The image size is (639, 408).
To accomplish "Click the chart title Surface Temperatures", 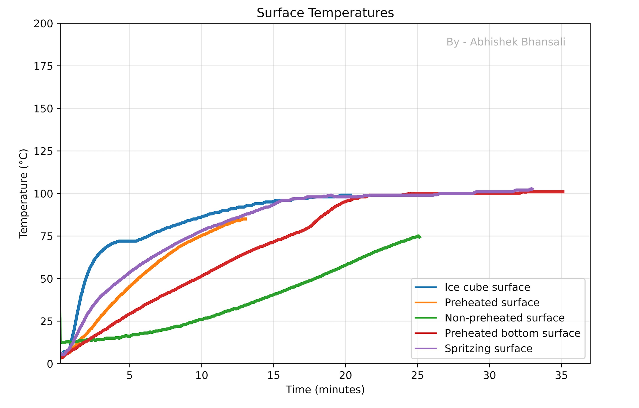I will pyautogui.click(x=325, y=13).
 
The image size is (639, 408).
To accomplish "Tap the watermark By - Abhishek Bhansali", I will pyautogui.click(x=506, y=42).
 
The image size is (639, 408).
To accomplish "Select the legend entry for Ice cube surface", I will pyautogui.click(x=487, y=287).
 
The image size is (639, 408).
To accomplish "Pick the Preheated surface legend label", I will pyautogui.click(x=492, y=302).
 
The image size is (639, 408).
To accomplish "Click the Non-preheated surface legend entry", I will pyautogui.click(x=504, y=318).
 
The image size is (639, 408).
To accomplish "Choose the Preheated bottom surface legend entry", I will pyautogui.click(x=512, y=333).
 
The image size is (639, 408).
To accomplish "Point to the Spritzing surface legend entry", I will pyautogui.click(x=488, y=348).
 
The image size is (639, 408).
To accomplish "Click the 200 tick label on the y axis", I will pyautogui.click(x=43, y=23).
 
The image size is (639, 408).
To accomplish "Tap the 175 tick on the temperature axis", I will pyautogui.click(x=43, y=66).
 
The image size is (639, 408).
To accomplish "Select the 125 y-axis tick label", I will pyautogui.click(x=43, y=151).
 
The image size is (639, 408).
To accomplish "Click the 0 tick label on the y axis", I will pyautogui.click(x=50, y=364).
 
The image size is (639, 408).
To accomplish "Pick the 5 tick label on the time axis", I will pyautogui.click(x=130, y=375).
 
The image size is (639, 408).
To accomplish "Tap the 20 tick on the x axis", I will pyautogui.click(x=345, y=375).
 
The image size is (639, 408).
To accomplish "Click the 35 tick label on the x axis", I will pyautogui.click(x=561, y=375).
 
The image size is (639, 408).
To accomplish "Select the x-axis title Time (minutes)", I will pyautogui.click(x=325, y=390).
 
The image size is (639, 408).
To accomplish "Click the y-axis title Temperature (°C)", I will pyautogui.click(x=23, y=194).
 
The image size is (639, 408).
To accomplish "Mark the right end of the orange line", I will pyautogui.click(x=246, y=219).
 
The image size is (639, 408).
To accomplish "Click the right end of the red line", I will pyautogui.click(x=564, y=192).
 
